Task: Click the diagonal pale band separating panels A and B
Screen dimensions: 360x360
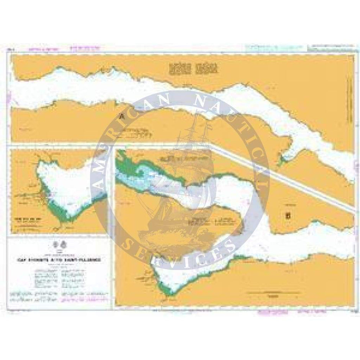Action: point(283,177)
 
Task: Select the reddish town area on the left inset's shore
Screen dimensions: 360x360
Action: point(47,198)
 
